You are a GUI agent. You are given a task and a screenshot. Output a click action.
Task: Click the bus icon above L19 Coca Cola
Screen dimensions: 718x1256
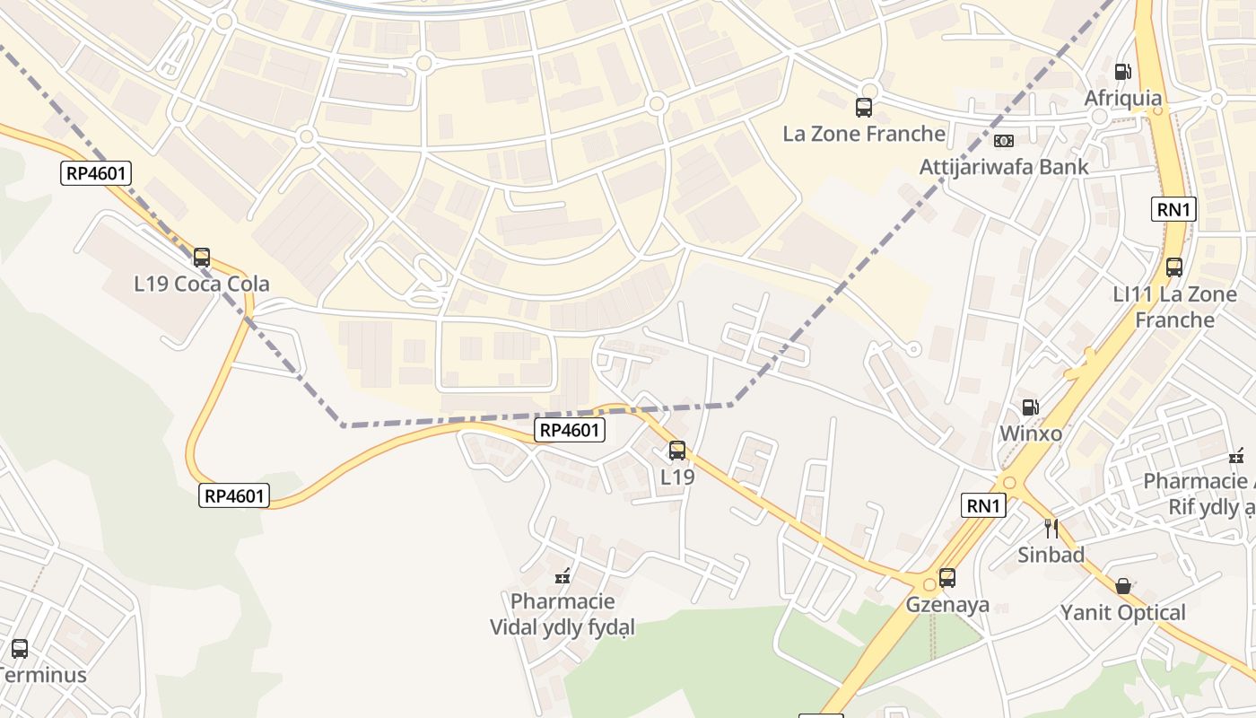[202, 258]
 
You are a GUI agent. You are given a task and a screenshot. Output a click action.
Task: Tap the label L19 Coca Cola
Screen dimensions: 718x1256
[202, 285]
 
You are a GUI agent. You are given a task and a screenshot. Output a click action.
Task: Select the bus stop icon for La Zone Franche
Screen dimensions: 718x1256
[864, 108]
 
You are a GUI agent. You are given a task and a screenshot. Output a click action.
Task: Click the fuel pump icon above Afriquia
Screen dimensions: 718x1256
[1122, 72]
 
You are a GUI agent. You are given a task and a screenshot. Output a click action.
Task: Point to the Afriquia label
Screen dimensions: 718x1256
[1122, 98]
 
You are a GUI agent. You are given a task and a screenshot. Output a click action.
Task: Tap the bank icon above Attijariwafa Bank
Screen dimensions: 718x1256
[1004, 141]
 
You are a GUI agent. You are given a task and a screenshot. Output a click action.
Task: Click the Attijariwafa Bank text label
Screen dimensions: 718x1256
[1004, 167]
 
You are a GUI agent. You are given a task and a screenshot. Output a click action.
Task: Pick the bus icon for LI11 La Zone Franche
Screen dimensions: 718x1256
[1174, 267]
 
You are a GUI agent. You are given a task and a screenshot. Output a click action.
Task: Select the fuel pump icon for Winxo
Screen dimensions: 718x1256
[1031, 407]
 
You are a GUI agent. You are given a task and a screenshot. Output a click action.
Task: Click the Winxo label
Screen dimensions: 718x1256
[1031, 433]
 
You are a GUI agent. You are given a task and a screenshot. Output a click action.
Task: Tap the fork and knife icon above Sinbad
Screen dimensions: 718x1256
[1051, 529]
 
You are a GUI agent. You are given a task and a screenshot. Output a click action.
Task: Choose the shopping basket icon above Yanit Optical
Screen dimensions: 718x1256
[1122, 586]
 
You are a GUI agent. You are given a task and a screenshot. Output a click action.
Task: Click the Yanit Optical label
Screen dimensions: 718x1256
[1122, 613]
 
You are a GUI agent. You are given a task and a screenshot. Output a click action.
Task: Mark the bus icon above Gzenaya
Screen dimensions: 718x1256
[947, 578]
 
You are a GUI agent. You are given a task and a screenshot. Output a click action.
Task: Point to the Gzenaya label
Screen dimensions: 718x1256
[947, 604]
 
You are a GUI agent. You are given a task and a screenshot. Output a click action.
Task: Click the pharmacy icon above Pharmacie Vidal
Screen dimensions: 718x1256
[563, 575]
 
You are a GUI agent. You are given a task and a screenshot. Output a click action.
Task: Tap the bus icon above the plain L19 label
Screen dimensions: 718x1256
[677, 451]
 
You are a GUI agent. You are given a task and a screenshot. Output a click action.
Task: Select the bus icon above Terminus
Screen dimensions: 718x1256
[20, 648]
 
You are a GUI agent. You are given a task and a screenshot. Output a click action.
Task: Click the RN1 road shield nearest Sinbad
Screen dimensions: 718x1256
[983, 506]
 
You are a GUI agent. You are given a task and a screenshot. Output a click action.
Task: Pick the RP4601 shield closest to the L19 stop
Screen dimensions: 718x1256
[571, 430]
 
